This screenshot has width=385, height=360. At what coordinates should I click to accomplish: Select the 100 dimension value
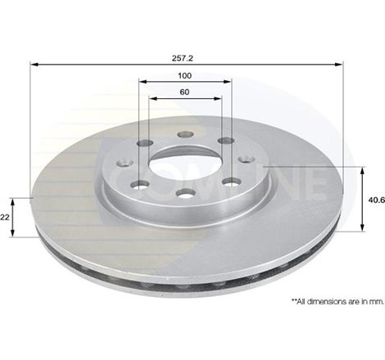pos(186,75)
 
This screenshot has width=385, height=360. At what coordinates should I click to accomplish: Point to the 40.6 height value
pos(373,200)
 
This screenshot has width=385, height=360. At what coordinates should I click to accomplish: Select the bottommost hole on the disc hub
pos(185,193)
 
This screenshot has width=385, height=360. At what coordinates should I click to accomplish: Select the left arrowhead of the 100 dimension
pos(143,82)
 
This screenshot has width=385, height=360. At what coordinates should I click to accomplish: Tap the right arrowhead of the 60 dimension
pos(219,97)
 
